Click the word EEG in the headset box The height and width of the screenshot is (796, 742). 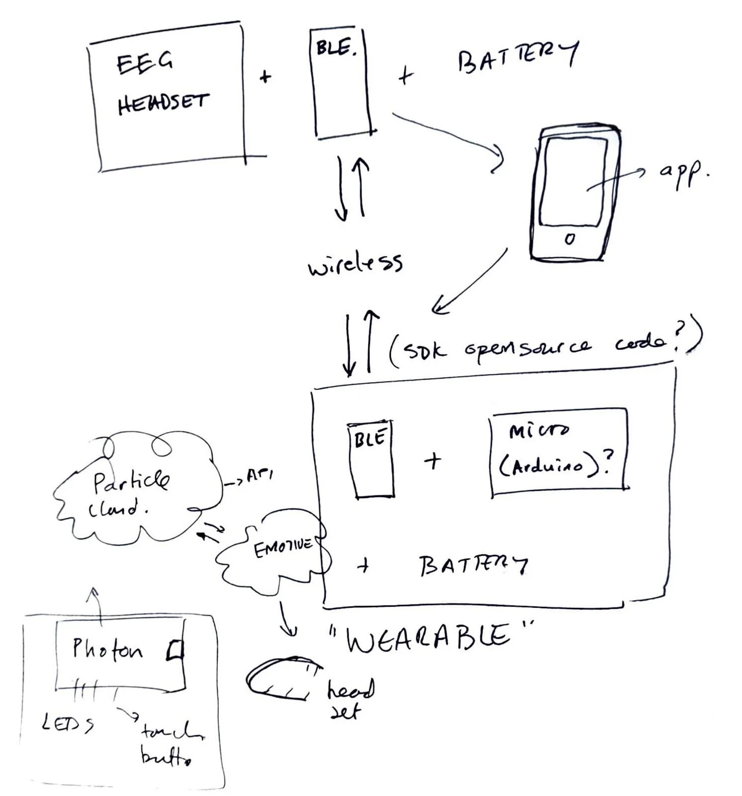pos(144,63)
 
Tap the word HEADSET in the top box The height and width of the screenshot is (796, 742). pos(163,103)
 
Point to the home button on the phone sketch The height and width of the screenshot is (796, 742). pos(570,239)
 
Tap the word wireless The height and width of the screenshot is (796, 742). pos(355,264)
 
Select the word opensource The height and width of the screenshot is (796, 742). pos(528,347)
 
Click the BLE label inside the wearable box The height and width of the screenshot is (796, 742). pos(370,438)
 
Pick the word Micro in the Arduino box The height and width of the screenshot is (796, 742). pos(538,430)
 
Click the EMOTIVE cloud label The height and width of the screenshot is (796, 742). pos(283,548)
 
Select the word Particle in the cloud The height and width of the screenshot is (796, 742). pos(131,481)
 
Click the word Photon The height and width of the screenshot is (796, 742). pos(107,649)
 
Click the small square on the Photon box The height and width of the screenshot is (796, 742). pos(175,650)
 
